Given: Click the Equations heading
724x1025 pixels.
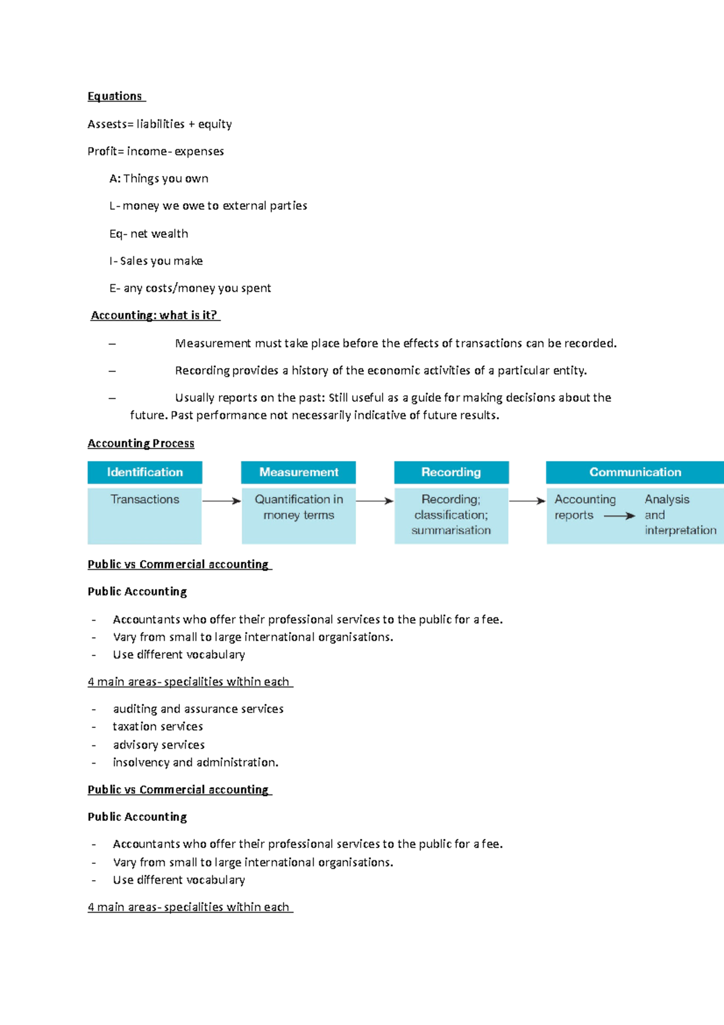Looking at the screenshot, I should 115,97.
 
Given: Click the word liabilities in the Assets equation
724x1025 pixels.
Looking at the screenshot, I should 160,124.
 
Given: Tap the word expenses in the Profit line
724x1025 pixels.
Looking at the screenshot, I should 199,152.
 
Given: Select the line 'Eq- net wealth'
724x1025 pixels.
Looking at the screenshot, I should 149,234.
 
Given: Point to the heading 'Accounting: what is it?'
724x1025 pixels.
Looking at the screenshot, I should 154,316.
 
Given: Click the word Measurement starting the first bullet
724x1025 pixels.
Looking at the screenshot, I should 212,343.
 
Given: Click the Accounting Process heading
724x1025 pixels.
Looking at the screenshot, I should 141,444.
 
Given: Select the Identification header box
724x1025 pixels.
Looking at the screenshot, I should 145,473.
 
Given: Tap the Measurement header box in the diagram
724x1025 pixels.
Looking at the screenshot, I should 299,473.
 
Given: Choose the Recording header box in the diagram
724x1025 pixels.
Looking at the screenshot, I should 451,473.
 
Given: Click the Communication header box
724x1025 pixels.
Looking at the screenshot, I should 635,473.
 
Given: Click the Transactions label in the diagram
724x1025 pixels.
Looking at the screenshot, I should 145,500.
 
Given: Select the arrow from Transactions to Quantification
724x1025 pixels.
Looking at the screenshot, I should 221,501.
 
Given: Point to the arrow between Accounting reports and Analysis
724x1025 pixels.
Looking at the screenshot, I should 619,516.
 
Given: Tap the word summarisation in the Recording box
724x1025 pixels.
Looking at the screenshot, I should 451,531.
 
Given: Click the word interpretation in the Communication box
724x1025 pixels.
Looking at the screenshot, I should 681,531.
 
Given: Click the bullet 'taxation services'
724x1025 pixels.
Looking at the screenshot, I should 158,727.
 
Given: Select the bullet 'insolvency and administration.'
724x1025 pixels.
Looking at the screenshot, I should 195,763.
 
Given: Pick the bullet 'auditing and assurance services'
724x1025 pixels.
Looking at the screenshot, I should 198,709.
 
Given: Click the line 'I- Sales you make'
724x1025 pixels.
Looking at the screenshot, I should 156,261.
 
